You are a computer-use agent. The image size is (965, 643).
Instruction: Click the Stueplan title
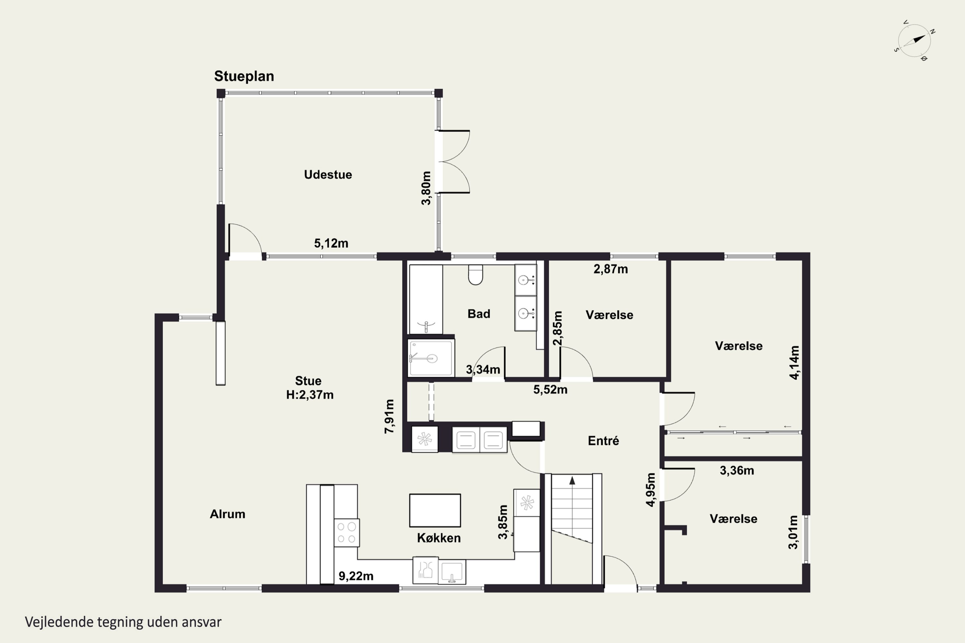pos(244,76)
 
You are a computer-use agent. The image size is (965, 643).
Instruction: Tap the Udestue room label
pos(328,175)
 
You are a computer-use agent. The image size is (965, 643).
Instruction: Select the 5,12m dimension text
pos(331,243)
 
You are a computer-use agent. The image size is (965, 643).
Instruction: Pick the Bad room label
pos(479,314)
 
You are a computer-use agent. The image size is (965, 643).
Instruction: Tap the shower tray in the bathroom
pos(431,358)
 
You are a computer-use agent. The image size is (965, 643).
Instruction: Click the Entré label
pos(603,440)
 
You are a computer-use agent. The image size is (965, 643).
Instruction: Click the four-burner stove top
pos(346,533)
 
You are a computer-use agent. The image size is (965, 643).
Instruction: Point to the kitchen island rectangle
pos(435,510)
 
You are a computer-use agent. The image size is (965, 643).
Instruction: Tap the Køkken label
pos(439,538)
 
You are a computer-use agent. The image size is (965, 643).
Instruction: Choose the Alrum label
pos(227,514)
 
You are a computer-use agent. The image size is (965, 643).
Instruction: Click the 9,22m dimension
pos(356,576)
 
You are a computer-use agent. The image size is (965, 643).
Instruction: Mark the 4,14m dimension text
pos(794,363)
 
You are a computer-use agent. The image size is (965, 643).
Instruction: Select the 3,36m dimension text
pos(737,470)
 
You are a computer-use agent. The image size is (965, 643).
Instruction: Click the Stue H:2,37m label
pos(309,387)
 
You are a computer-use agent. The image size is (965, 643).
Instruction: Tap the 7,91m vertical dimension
pos(389,416)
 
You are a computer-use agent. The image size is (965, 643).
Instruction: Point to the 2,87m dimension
pos(611,269)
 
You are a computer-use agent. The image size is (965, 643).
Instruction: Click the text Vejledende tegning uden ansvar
pos(123,622)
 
